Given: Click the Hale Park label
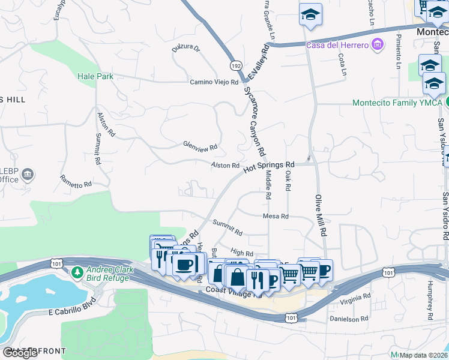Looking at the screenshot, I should click(95, 76).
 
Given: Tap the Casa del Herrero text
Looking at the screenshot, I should click(337, 45).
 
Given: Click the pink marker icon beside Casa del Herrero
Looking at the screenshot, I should click(377, 44).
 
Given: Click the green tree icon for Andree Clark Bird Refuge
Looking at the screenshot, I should click(77, 274).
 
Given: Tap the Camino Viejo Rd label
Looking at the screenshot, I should click(214, 82).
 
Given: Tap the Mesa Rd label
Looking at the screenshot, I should click(276, 216).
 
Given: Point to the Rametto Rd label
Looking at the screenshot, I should click(76, 181).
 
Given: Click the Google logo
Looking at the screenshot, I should click(20, 353).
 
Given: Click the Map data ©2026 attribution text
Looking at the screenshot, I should click(423, 355).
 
